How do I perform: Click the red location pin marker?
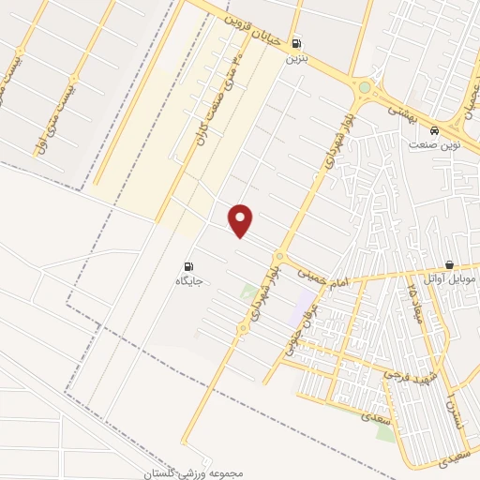242,220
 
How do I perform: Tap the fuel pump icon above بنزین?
297,42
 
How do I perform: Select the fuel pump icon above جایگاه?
189,266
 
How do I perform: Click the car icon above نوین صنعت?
434,130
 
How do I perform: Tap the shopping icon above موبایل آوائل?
451,265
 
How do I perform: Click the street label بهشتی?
404,111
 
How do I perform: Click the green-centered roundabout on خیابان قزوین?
365,88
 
